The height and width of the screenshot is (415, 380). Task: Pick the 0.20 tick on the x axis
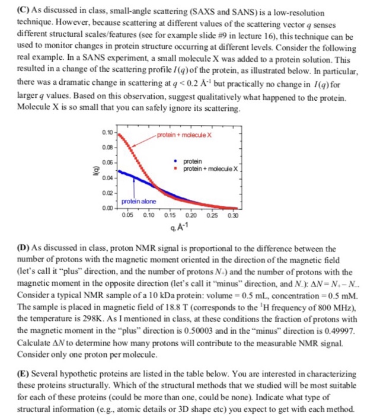[191, 216]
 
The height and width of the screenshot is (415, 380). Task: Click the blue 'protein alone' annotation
[139, 202]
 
